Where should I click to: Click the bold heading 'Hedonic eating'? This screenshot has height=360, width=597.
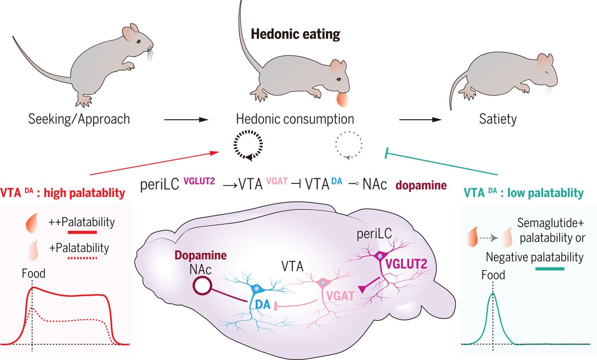pos(296,34)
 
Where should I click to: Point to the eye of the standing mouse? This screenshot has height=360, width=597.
pos(138,40)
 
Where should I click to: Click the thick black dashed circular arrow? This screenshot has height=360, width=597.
pos(247,147)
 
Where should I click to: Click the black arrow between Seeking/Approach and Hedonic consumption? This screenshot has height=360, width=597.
pos(185,120)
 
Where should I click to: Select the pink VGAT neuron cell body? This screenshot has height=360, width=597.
pos(322,283)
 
